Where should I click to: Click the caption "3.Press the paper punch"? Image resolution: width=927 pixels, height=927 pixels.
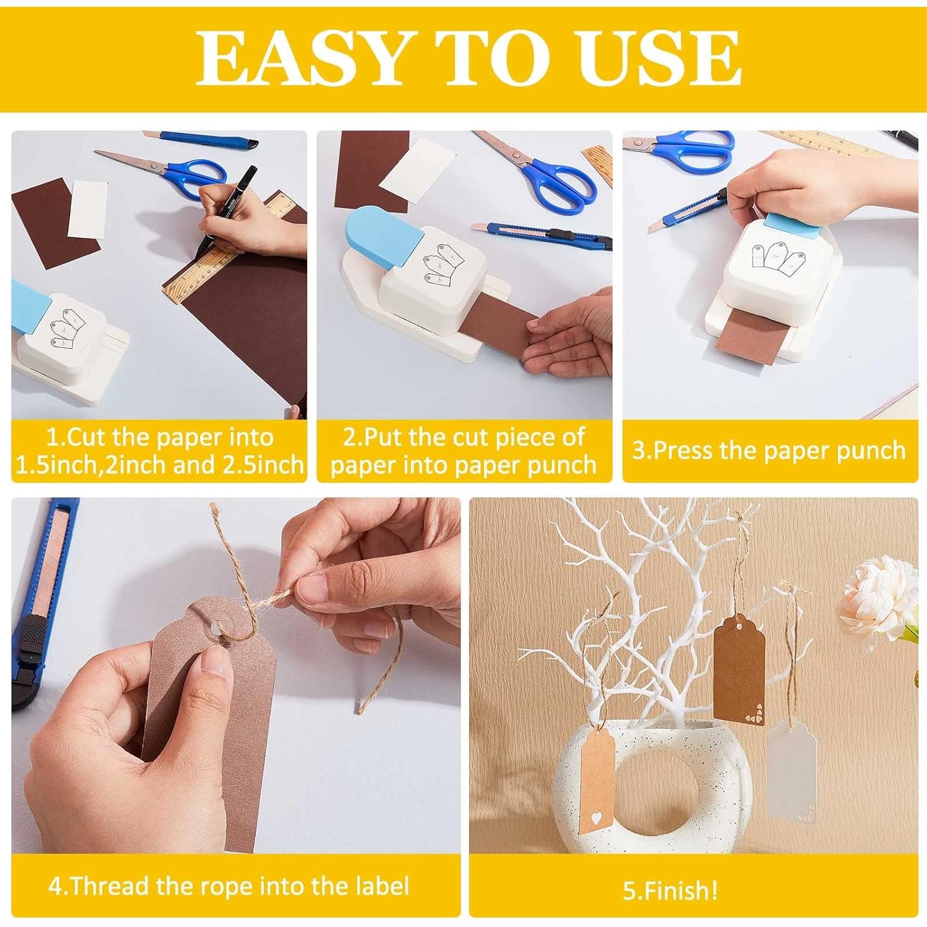(x=769, y=451)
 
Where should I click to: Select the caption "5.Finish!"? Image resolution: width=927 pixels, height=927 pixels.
(x=671, y=891)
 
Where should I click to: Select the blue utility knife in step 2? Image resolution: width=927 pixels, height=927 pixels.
(x=543, y=235)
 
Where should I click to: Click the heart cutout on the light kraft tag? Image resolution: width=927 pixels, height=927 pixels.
(x=596, y=818)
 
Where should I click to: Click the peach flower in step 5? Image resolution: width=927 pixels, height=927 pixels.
(x=878, y=596)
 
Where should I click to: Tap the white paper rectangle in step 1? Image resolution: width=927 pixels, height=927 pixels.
(x=87, y=210)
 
